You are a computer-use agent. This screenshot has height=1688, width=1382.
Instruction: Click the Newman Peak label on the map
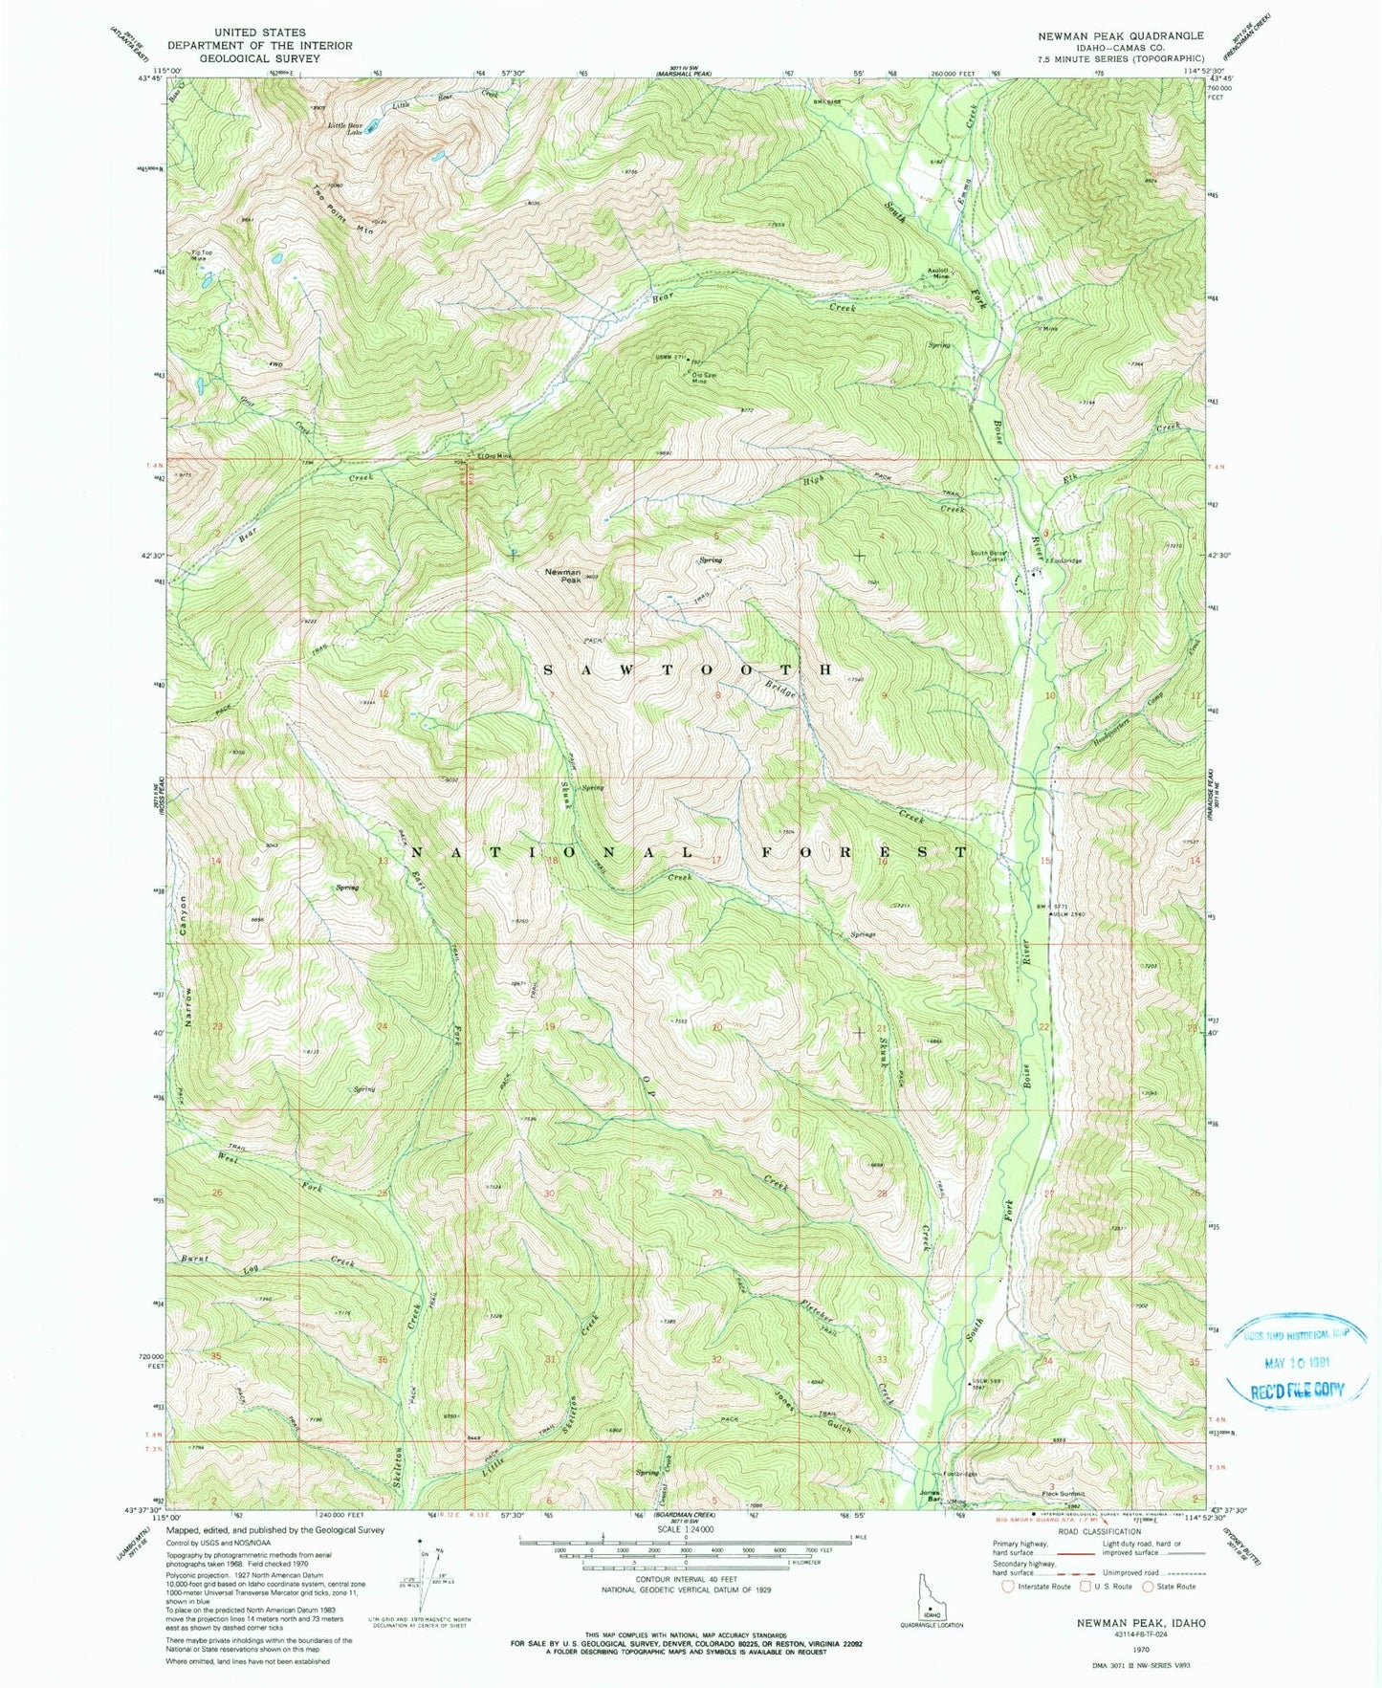tap(562, 576)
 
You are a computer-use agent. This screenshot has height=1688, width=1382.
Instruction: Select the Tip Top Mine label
tap(200, 255)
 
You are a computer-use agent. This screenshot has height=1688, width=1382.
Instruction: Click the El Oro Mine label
tap(494, 456)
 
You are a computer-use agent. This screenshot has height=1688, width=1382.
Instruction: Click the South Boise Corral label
tap(987, 557)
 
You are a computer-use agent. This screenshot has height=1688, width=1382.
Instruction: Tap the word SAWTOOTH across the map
tap(689, 669)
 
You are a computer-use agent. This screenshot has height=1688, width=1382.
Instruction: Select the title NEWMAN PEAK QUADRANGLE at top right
tap(1121, 35)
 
